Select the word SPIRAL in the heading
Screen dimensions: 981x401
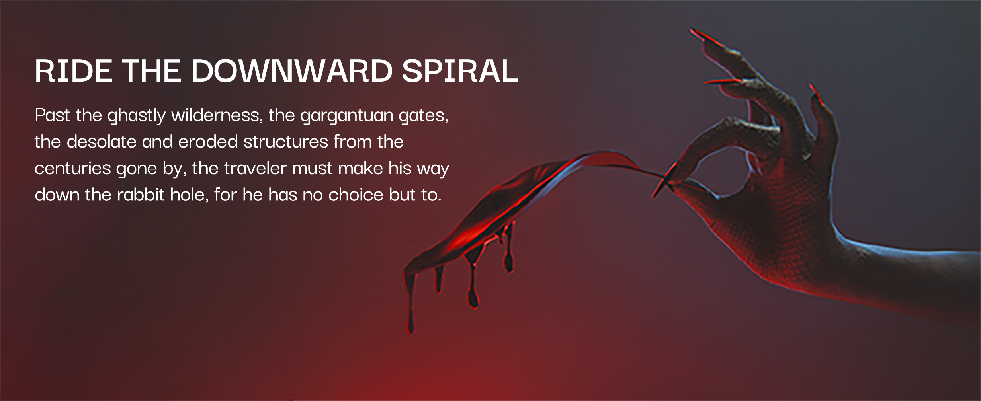point(460,71)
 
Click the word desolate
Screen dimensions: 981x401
point(102,142)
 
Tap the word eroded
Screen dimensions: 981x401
point(208,142)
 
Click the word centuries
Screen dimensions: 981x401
point(72,169)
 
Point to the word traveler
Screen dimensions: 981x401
point(255,168)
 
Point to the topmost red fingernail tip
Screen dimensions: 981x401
point(692,30)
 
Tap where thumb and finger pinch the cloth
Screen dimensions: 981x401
point(669,181)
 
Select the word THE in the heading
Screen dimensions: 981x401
point(152,71)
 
